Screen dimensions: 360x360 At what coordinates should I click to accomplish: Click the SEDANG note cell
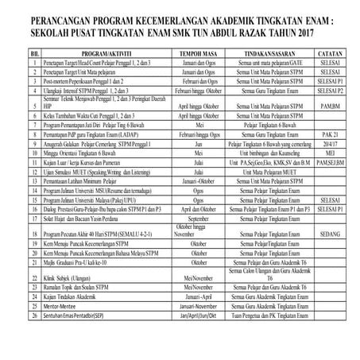pos(328,235)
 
